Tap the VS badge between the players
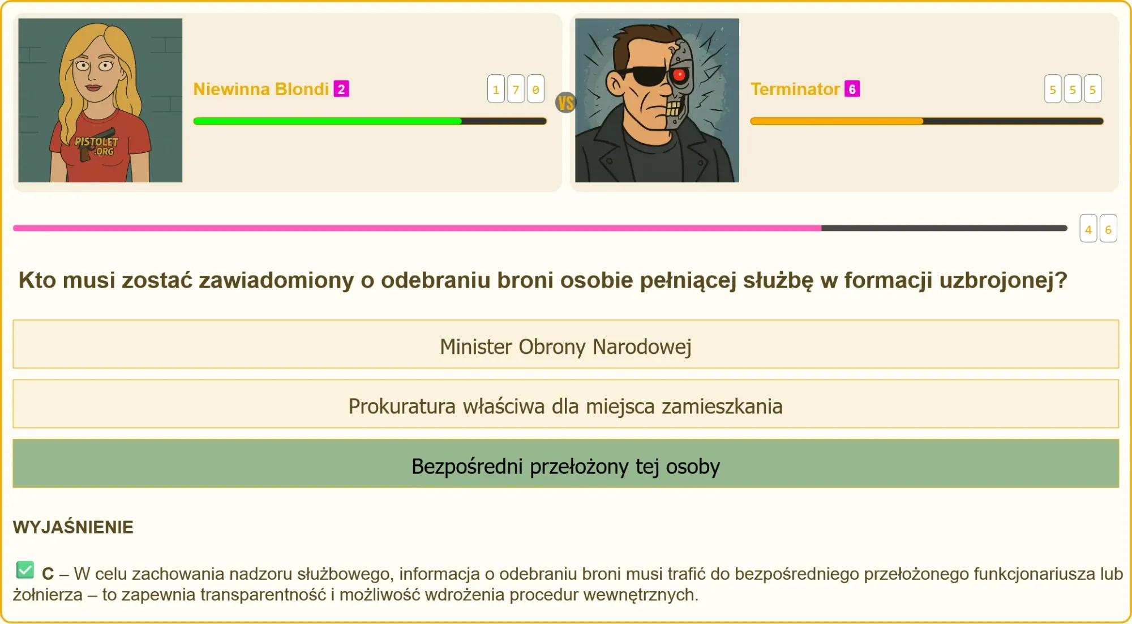(565, 102)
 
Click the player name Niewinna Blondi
(261, 89)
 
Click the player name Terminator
(795, 89)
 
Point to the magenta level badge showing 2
(341, 89)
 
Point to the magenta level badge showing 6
(852, 89)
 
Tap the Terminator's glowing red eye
(679, 74)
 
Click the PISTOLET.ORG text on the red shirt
(97, 146)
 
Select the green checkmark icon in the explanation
(25, 570)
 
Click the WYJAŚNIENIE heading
(73, 527)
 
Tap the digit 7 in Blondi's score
(516, 89)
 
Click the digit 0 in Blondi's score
(535, 89)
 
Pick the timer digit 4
(1088, 229)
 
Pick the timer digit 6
(1108, 229)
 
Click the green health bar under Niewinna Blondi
(327, 121)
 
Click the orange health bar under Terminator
(837, 121)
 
